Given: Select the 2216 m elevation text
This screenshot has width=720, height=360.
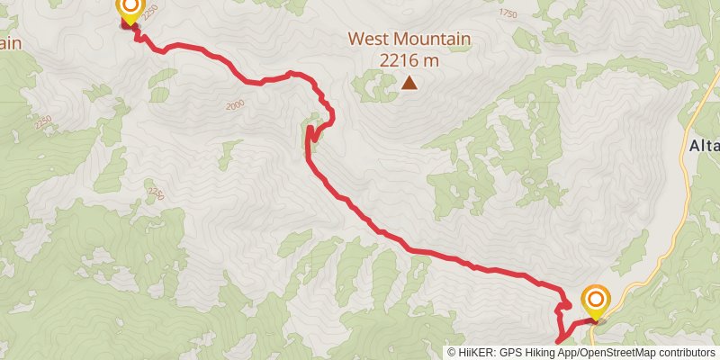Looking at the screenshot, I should click(409, 60).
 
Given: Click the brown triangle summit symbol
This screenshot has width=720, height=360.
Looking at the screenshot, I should click(409, 84).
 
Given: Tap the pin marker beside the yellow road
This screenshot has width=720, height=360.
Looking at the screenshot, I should click(595, 300).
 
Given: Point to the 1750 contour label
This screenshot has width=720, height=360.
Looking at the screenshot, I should click(508, 14).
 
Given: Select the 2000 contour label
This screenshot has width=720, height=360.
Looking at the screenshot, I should click(236, 105).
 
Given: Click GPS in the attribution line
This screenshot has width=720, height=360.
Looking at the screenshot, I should click(510, 353).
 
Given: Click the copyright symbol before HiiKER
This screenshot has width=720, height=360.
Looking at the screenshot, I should click(452, 353).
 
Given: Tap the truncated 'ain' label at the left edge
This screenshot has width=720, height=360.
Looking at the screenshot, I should click(9, 42).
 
